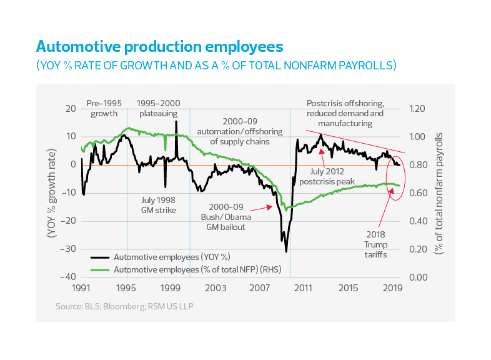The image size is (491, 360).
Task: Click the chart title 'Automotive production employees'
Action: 159,47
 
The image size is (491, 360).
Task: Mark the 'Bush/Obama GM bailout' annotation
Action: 228,222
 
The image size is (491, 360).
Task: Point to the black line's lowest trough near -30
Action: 286,251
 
